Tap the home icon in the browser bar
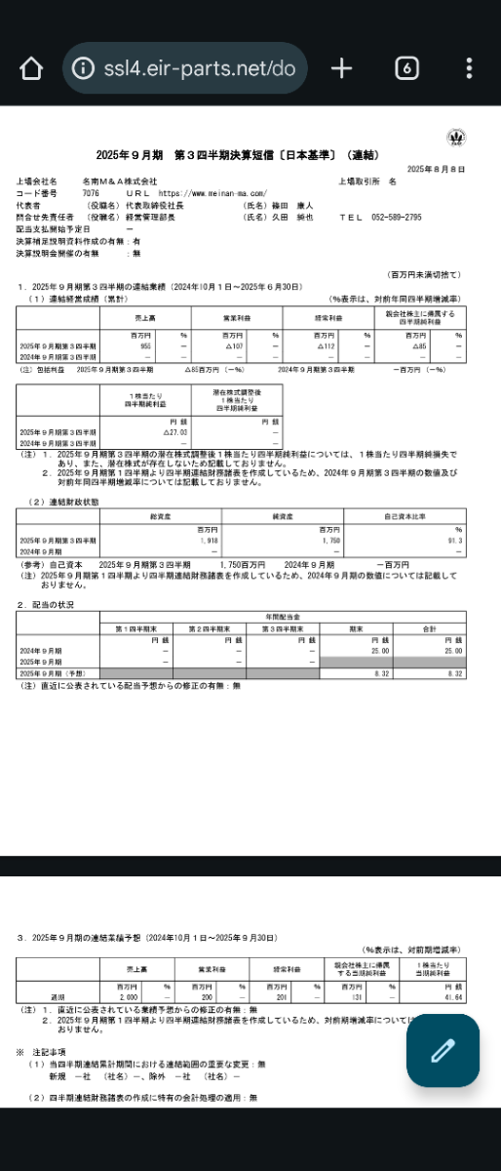click(31, 68)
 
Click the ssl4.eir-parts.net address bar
click(185, 68)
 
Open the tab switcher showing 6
click(406, 68)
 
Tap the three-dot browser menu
click(469, 68)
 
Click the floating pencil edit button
click(443, 1050)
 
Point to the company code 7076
click(91, 193)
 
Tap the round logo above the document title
click(455, 138)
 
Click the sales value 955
click(146, 346)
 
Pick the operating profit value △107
click(234, 346)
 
